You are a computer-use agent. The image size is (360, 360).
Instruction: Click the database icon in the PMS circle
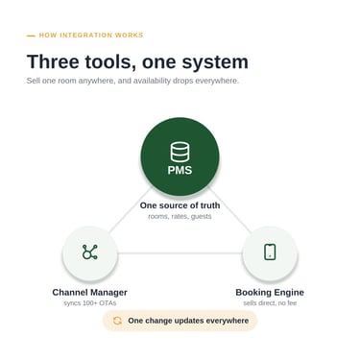(180, 153)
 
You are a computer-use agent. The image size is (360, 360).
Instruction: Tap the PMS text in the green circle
(180, 170)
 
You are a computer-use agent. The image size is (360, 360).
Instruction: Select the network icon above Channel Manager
(89, 252)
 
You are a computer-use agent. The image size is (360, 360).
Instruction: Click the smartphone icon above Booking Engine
(270, 252)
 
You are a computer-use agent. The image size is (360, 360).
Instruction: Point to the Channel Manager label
(89, 292)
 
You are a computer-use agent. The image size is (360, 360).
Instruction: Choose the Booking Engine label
(270, 292)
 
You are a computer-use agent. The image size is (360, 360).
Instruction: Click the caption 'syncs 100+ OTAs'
(89, 302)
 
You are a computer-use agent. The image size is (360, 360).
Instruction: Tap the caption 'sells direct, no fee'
(270, 302)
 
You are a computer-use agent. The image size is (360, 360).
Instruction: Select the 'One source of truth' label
(180, 205)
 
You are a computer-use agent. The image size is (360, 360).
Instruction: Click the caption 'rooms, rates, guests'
(180, 216)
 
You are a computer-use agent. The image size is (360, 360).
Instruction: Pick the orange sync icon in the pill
(117, 321)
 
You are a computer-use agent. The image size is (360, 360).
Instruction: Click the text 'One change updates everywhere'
(188, 321)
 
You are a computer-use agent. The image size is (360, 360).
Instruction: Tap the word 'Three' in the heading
(53, 61)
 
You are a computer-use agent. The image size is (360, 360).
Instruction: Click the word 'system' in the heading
(215, 62)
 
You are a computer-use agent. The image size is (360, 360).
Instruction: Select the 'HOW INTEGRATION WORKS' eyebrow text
(91, 36)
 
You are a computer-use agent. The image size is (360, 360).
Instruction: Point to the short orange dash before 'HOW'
(31, 36)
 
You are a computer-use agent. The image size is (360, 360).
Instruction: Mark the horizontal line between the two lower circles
(180, 253)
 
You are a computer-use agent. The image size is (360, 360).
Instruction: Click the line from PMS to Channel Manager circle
(130, 210)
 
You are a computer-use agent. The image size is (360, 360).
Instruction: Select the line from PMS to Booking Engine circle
(230, 210)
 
